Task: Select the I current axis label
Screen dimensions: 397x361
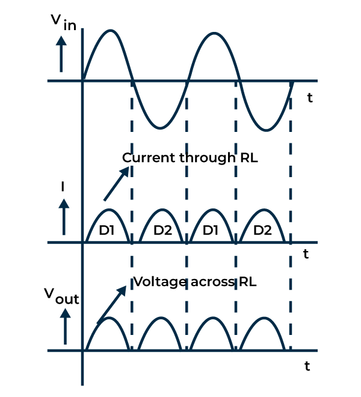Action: (63, 186)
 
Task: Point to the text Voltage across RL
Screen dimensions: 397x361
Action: (195, 281)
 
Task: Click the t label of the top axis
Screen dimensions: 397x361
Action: (309, 98)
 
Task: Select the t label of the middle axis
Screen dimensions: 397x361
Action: (306, 254)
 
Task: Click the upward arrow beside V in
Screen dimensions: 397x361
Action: (61, 53)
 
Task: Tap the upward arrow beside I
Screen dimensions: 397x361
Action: (64, 217)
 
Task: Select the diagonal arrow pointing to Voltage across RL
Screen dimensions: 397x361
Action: (111, 304)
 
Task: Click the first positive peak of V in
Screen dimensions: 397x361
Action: (109, 31)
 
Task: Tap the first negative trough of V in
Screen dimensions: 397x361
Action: (159, 127)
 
